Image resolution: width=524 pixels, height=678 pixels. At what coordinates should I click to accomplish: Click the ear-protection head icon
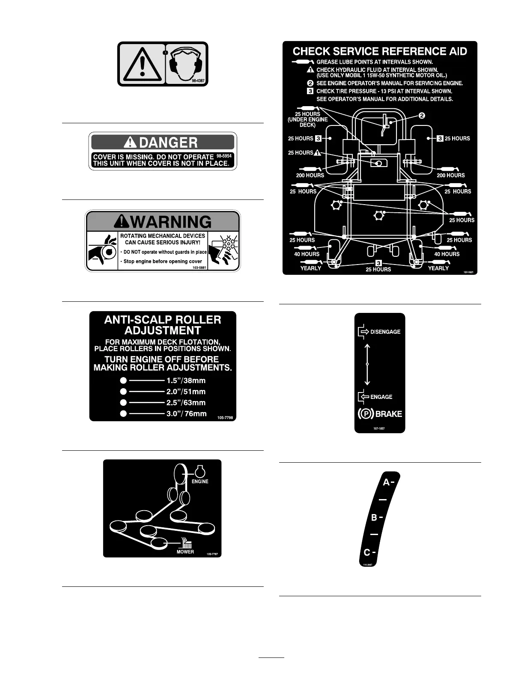point(186,63)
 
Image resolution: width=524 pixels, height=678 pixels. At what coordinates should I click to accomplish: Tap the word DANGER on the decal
point(169,143)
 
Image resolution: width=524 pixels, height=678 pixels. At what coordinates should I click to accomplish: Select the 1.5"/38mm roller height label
point(186,381)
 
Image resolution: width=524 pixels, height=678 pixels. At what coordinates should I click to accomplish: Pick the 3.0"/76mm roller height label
point(186,413)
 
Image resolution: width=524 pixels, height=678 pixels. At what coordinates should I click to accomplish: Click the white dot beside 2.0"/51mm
point(123,391)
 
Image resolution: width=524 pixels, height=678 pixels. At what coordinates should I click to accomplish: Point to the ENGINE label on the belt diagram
point(200,482)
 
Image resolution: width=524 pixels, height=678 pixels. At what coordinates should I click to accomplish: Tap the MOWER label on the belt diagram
point(185,552)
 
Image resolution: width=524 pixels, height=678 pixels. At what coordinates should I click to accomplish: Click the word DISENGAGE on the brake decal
point(385,332)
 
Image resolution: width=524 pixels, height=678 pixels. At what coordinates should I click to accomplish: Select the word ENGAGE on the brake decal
point(381,397)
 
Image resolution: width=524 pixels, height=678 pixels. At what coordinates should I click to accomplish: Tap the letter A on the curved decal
point(386,482)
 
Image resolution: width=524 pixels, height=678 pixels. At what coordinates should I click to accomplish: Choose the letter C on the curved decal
point(367,553)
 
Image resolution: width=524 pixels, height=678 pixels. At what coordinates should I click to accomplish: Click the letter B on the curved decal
point(374,517)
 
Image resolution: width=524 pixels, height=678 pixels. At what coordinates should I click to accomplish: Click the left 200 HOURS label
point(310,175)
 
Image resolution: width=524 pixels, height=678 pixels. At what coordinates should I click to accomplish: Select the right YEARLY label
point(438,268)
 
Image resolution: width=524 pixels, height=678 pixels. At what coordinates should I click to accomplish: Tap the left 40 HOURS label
point(307,254)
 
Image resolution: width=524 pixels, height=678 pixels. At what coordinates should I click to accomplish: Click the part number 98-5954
point(224,156)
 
